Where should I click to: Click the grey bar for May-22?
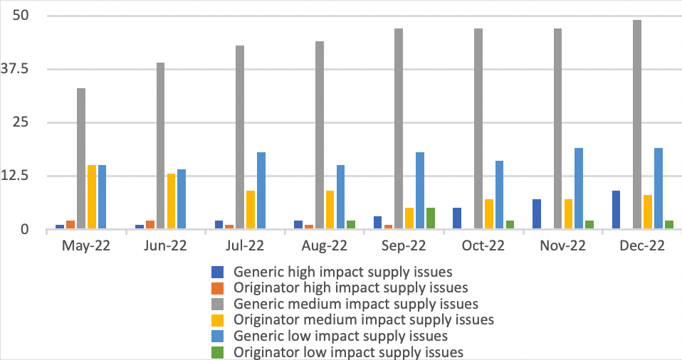[x=81, y=158]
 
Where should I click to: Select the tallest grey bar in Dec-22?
[x=637, y=125]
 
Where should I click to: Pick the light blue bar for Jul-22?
[x=261, y=191]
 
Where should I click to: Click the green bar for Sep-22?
[x=431, y=218]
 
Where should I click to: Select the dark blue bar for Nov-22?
[x=536, y=214]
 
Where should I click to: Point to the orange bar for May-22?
[x=70, y=225]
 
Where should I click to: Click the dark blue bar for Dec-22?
[x=616, y=210]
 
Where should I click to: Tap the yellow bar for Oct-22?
[x=489, y=214]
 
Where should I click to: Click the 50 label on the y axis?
[x=32, y=16]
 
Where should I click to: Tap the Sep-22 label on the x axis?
[x=404, y=246]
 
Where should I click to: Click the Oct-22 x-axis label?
[x=484, y=246]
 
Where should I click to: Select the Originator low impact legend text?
[x=349, y=351]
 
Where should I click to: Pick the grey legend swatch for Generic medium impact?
[x=217, y=305]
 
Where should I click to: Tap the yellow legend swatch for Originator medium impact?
[x=217, y=320]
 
